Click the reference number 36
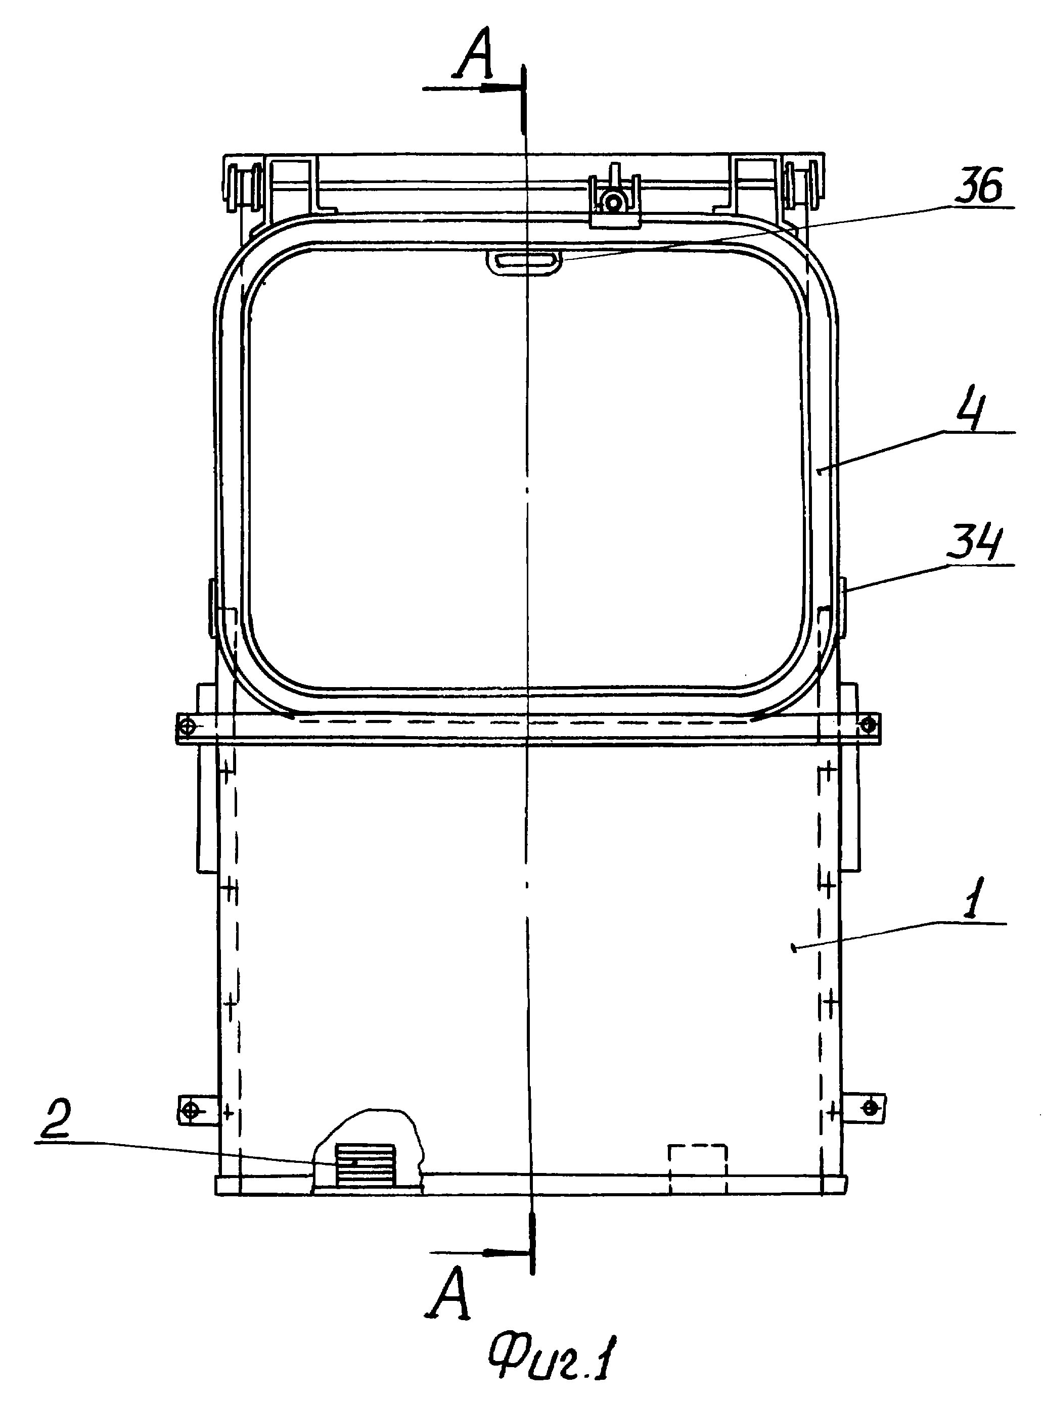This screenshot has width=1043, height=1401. click(977, 188)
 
